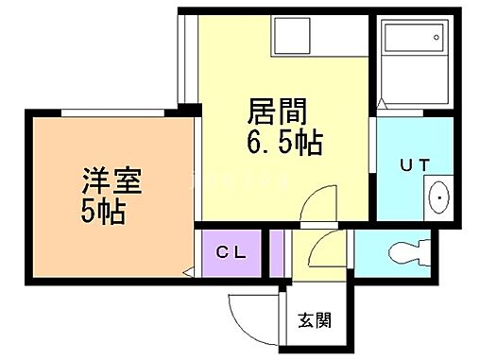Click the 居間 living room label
click(x=279, y=112)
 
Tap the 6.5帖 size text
click(x=284, y=143)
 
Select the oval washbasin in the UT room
click(x=439, y=198)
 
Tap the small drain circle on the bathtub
click(x=437, y=38)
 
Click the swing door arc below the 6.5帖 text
click(x=321, y=200)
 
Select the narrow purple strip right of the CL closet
click(x=277, y=252)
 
